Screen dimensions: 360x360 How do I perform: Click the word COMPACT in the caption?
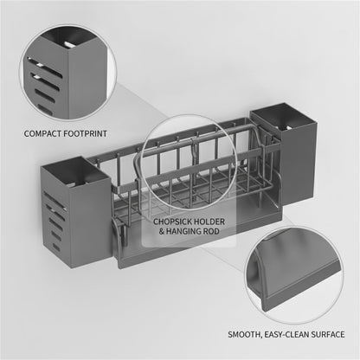(x=42, y=134)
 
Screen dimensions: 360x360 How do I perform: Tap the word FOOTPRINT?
(x=85, y=134)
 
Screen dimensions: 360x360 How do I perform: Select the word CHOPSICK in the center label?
(x=172, y=222)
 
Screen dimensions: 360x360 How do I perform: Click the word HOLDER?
(x=209, y=222)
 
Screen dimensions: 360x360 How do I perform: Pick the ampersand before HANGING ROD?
(x=162, y=231)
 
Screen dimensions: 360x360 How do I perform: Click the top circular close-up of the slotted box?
(x=68, y=73)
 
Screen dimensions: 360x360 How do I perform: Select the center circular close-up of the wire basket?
(x=190, y=161)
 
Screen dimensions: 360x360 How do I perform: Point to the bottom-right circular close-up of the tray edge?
(x=294, y=274)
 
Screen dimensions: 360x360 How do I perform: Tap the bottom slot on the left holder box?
(x=56, y=247)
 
